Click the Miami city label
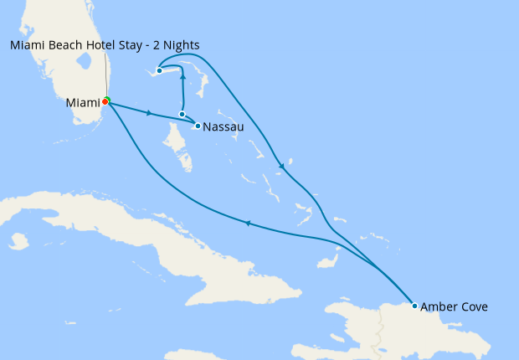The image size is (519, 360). pos(82,103)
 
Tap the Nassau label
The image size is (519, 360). pos(224,127)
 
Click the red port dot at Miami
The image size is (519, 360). pos(105,102)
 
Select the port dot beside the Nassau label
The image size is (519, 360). pos(197,126)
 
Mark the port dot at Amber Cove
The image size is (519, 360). pos(414,306)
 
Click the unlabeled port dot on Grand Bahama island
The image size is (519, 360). pos(159,70)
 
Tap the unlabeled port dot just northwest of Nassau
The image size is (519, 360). pos(182,114)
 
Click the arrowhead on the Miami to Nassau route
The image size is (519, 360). pos(149,112)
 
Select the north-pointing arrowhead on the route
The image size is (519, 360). pos(182,75)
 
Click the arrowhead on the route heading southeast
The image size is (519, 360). pos(282,167)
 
